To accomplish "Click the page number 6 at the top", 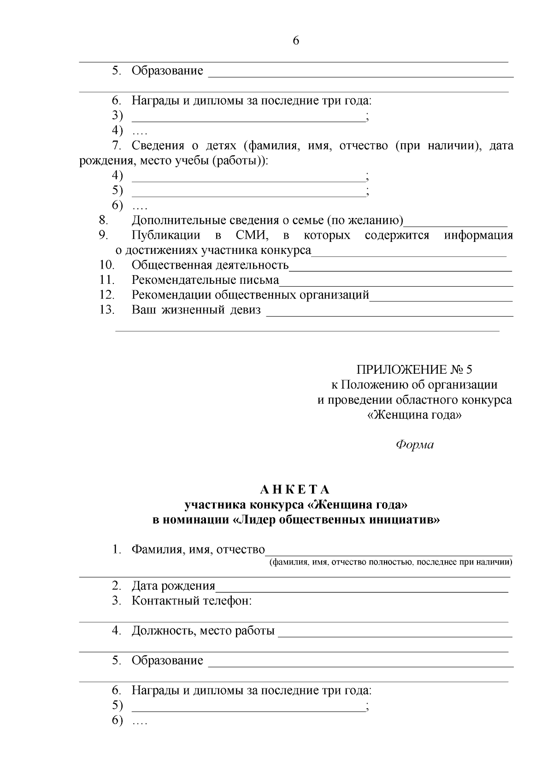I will pyautogui.click(x=296, y=41).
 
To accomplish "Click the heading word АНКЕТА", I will pyautogui.click(x=295, y=489).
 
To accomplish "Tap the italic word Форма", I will pyautogui.click(x=415, y=445).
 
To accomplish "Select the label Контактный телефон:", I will pyautogui.click(x=192, y=601).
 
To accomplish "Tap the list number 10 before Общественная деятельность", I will pyautogui.click(x=107, y=265).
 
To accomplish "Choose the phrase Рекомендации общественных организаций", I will pyautogui.click(x=251, y=295).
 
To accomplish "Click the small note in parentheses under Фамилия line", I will pyautogui.click(x=391, y=562).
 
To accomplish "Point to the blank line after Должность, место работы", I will pyautogui.click(x=395, y=636).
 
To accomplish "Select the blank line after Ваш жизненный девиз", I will pyautogui.click(x=390, y=315).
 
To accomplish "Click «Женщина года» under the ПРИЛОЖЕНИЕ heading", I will pyautogui.click(x=414, y=415).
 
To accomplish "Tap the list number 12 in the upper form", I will pyautogui.click(x=107, y=295).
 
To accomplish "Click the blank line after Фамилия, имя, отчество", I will pyautogui.click(x=389, y=555).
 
